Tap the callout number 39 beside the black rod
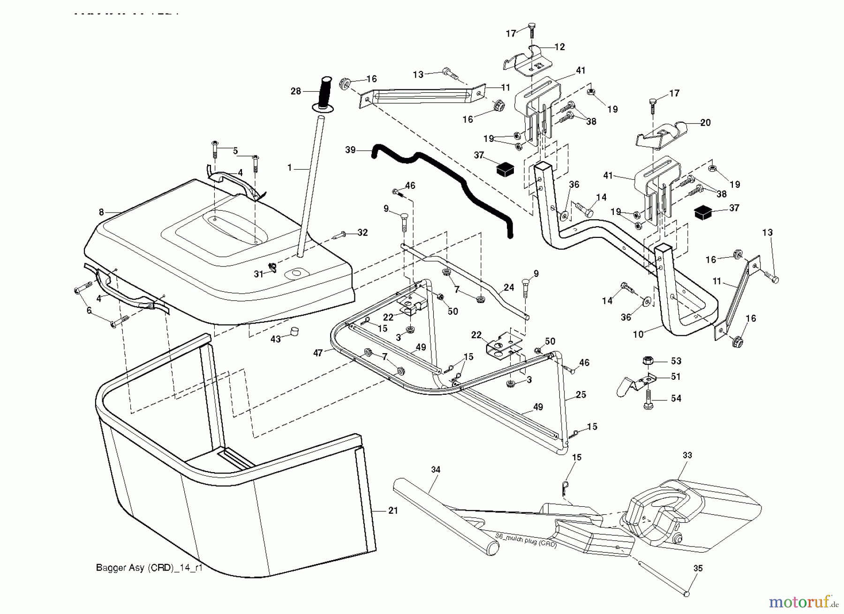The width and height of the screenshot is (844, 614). pos(350,150)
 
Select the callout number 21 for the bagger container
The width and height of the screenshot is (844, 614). pos(393,510)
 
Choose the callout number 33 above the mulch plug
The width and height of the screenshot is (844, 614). pos(687,455)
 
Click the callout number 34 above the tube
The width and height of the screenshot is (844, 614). pos(435,469)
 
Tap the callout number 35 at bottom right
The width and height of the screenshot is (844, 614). pos(698,568)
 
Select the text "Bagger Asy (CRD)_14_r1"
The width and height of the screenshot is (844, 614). pos(149,568)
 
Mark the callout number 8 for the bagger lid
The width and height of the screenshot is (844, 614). pos(101,213)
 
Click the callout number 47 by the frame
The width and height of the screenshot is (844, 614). pos(318,353)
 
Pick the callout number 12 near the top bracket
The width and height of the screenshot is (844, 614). pos(560,47)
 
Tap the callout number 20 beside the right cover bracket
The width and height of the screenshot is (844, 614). pos(705,123)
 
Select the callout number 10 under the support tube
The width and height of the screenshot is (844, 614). pos(638,334)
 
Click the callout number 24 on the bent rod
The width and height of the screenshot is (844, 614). pos(509,288)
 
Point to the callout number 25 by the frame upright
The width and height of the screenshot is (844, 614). pos(580,395)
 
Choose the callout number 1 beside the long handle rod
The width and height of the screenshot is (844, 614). pos(290,167)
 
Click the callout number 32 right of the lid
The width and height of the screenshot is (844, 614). pos(362,232)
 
